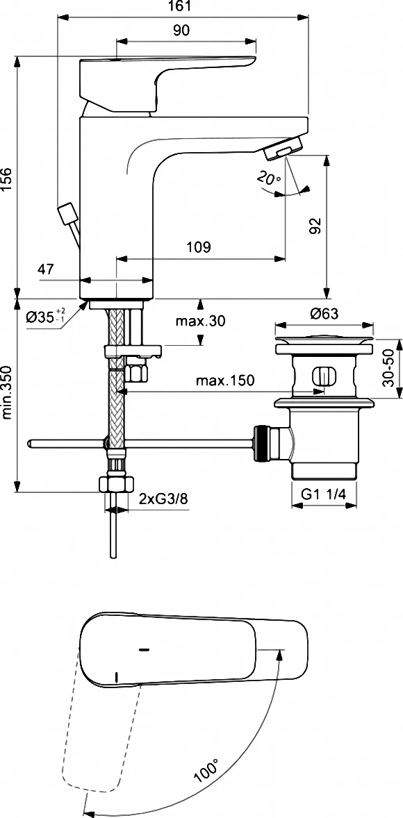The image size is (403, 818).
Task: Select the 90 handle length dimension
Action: tap(181, 31)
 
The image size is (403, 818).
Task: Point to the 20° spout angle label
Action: tap(269, 179)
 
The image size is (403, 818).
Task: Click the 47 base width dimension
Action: tap(45, 269)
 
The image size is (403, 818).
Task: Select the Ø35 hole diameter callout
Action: tap(46, 316)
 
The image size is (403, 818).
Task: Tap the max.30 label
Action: tap(200, 322)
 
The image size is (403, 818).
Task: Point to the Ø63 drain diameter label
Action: tap(324, 314)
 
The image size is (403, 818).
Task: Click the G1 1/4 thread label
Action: tap(324, 494)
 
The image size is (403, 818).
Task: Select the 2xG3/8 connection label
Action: tap(163, 499)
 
